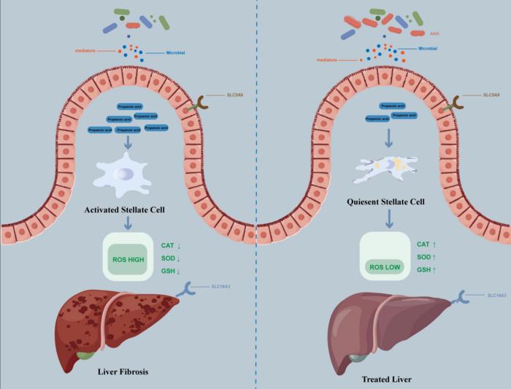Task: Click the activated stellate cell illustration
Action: (123, 175)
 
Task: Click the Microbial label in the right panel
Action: (429, 48)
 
